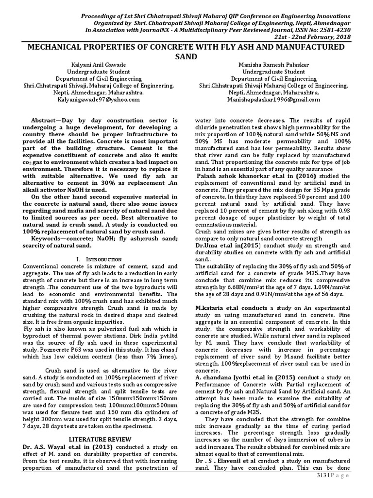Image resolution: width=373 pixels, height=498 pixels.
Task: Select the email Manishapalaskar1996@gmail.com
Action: point(273,99)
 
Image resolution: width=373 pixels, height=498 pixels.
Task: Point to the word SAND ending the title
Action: point(186,56)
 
